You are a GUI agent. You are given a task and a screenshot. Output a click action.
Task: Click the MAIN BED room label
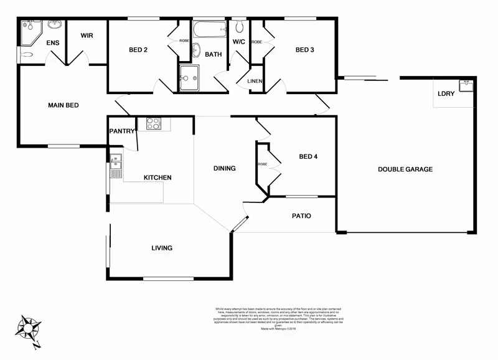coord(63,105)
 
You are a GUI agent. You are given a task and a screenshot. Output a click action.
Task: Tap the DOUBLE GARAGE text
coord(405,169)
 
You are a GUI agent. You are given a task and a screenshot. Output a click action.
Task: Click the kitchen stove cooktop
coord(154,123)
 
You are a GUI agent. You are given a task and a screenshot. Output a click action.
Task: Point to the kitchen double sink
coord(116,166)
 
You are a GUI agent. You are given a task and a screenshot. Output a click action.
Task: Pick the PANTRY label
coord(122,131)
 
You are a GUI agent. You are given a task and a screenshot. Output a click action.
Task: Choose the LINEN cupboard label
coord(255,82)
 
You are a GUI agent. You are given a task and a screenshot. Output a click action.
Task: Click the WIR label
coord(87,36)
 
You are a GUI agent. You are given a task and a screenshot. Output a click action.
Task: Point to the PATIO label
coord(301,216)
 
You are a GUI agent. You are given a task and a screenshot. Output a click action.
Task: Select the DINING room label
coord(224,168)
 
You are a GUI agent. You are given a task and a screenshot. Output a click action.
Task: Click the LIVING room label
coord(161,248)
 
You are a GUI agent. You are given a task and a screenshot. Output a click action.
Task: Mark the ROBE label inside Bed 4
coord(262,164)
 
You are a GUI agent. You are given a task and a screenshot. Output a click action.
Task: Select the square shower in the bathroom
coord(189,78)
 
